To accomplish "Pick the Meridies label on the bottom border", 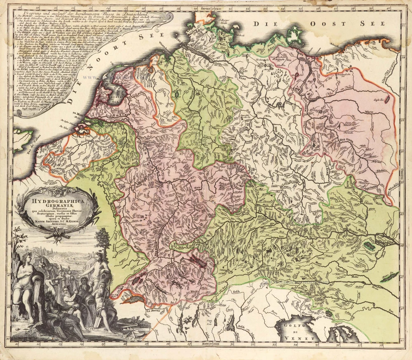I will [x=210, y=343].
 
